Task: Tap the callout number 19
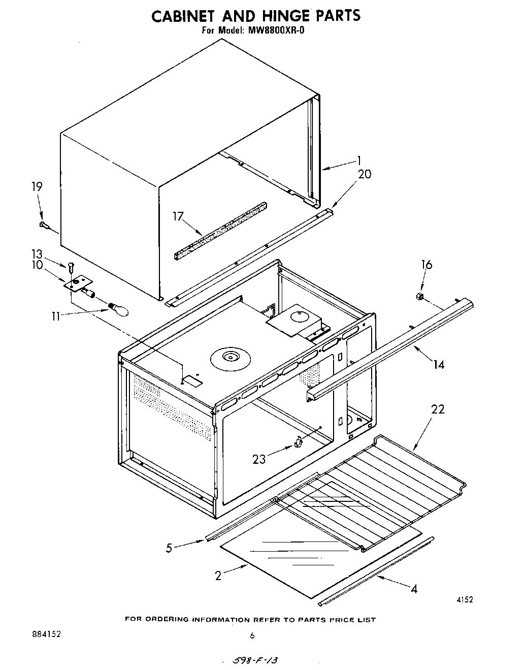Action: (x=36, y=187)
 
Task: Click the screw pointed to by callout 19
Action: (x=43, y=225)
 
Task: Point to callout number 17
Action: (x=178, y=217)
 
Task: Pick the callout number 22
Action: (x=437, y=409)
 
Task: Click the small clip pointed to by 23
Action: (x=299, y=442)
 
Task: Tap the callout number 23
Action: (x=259, y=459)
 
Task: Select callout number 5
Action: (x=169, y=548)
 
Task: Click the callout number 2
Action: (x=218, y=576)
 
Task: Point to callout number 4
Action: (x=414, y=589)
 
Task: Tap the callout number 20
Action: (x=365, y=174)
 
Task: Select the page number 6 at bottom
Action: (x=252, y=635)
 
